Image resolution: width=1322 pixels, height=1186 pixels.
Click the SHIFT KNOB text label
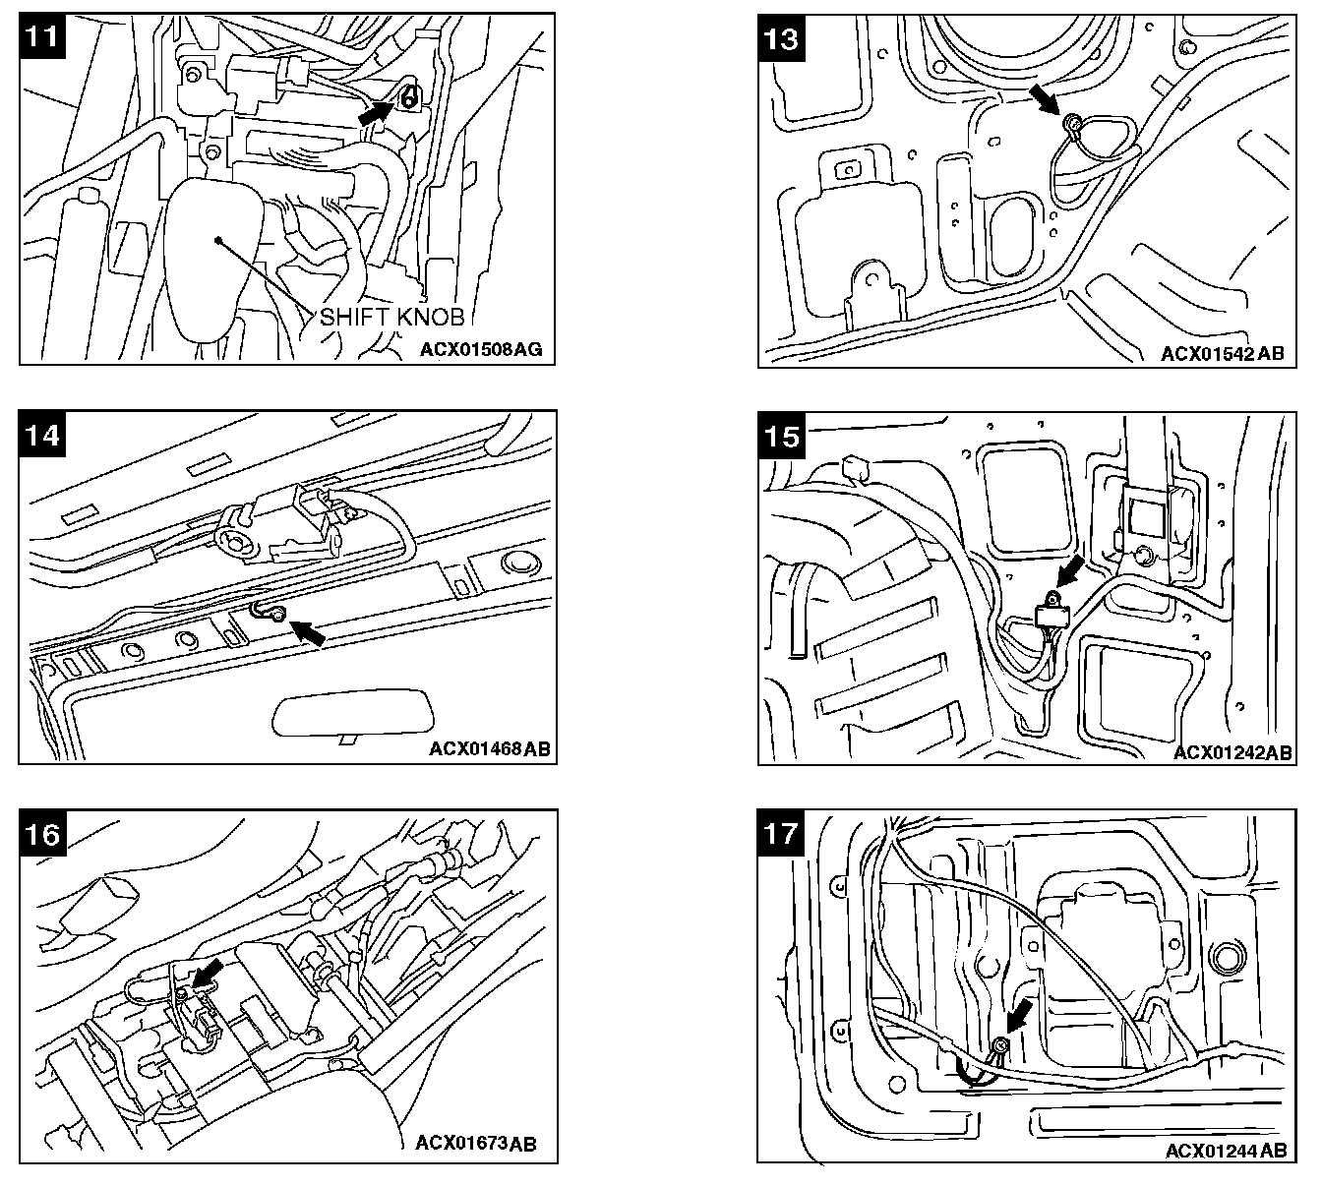(x=391, y=317)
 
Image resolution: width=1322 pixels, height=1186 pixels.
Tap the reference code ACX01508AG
(x=481, y=348)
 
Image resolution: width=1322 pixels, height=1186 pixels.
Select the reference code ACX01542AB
(x=1222, y=353)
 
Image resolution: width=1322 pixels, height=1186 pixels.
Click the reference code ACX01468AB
(x=490, y=748)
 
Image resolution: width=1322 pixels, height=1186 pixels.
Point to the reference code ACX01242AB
(x=1232, y=752)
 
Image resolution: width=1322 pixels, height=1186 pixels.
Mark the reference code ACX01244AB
(x=1226, y=1150)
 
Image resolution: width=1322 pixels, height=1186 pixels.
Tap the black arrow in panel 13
(x=1044, y=98)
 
